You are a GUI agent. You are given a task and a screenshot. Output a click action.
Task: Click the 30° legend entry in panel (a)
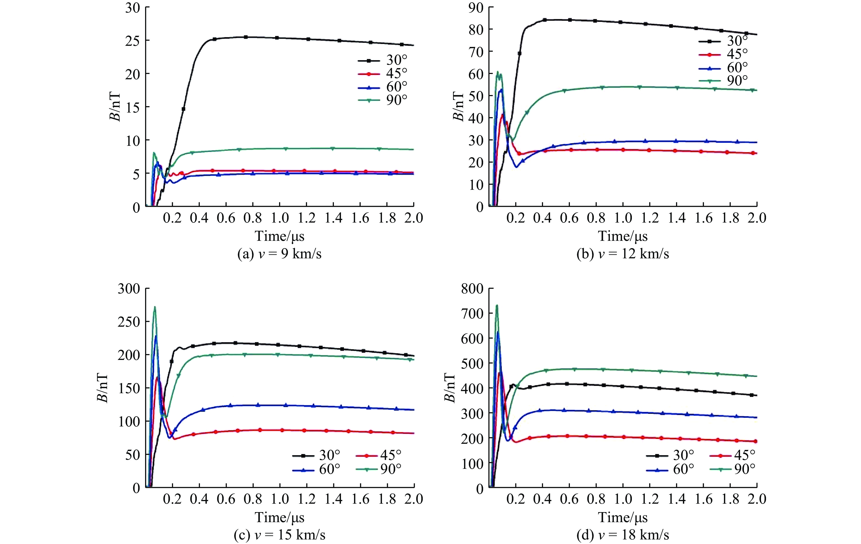click(383, 60)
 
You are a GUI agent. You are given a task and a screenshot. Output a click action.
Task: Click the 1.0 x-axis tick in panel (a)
click(280, 218)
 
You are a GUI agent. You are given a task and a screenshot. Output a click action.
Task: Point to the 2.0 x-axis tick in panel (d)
click(757, 499)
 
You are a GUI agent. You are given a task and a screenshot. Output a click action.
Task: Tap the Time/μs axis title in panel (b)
click(623, 236)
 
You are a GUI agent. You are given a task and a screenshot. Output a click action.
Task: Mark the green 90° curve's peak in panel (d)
click(497, 305)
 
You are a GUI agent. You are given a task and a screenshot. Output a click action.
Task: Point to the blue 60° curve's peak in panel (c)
click(156, 336)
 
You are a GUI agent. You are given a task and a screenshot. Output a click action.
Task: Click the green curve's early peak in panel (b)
click(497, 72)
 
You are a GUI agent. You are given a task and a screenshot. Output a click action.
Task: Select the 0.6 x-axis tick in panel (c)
click(226, 499)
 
